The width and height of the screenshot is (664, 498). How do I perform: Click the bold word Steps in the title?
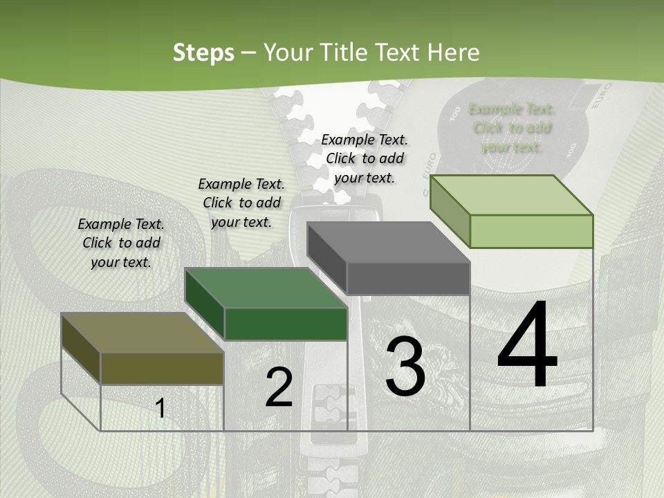(x=203, y=53)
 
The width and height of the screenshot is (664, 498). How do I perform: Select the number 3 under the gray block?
(x=405, y=367)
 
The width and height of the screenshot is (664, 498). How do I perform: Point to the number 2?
(x=279, y=388)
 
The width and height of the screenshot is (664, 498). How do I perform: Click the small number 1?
(x=160, y=409)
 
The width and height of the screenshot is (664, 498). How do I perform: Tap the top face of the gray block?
(x=388, y=243)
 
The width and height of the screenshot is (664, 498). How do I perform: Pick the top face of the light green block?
(x=511, y=195)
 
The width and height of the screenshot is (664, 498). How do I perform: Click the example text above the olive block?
(x=121, y=243)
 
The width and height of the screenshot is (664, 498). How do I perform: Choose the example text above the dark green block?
(x=241, y=203)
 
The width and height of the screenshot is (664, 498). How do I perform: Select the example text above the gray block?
(x=365, y=158)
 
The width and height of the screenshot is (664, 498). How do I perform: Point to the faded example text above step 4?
(x=511, y=128)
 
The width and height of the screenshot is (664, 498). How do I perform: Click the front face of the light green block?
(x=531, y=231)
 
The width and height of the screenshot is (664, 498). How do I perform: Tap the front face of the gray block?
(x=408, y=279)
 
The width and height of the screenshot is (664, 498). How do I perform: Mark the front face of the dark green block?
(x=286, y=324)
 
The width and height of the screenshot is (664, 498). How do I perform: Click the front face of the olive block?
(x=162, y=368)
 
